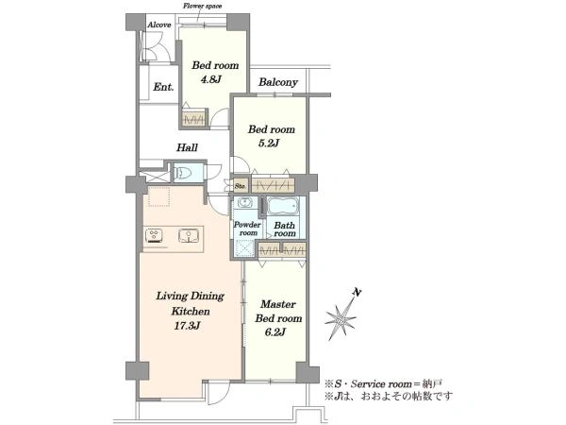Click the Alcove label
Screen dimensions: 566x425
coord(159,25)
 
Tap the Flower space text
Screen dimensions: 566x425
coord(203,6)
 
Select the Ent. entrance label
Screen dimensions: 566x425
coord(163,87)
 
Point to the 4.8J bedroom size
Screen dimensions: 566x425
coord(210,79)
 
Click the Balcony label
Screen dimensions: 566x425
coord(278,82)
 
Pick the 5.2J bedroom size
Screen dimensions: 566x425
coord(269,144)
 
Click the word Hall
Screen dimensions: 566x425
coord(187,147)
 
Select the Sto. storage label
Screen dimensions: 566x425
coord(241,186)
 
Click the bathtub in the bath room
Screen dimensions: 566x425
coord(283,206)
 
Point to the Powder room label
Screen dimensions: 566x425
coord(247,229)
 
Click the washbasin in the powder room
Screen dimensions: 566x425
coord(244,203)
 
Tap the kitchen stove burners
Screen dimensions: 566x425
coord(155,236)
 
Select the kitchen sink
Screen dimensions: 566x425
coord(189,235)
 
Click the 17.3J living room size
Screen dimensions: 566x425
coord(187,326)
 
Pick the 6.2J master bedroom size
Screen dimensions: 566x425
coord(275,332)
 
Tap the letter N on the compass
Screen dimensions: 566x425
coord(357,293)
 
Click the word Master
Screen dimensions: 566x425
coord(278,304)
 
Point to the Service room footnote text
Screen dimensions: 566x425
coord(383,383)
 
